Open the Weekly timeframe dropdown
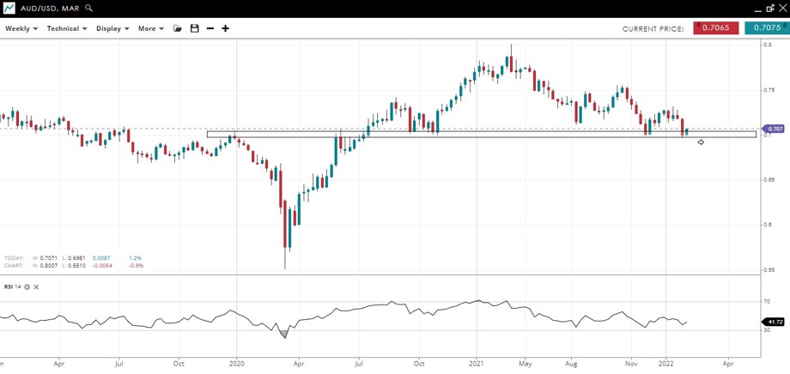click(x=21, y=28)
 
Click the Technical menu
click(x=66, y=28)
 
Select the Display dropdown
click(x=112, y=28)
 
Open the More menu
click(x=150, y=28)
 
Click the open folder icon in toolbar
click(x=178, y=28)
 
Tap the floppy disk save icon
click(x=195, y=28)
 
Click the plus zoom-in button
click(x=226, y=28)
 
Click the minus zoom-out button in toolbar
click(x=210, y=28)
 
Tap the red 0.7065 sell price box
click(x=715, y=28)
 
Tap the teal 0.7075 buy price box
click(x=766, y=28)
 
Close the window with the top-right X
click(x=780, y=8)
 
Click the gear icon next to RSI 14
click(x=27, y=287)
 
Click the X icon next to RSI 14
click(x=36, y=287)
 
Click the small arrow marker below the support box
click(x=701, y=142)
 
